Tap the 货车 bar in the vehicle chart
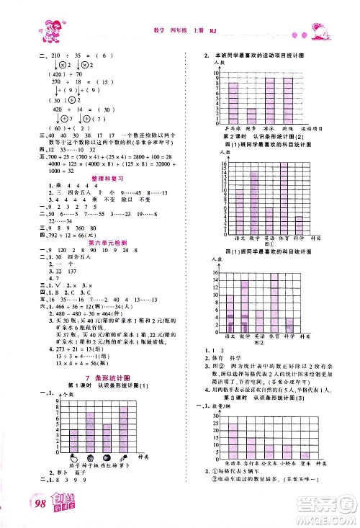(x=305, y=455)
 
